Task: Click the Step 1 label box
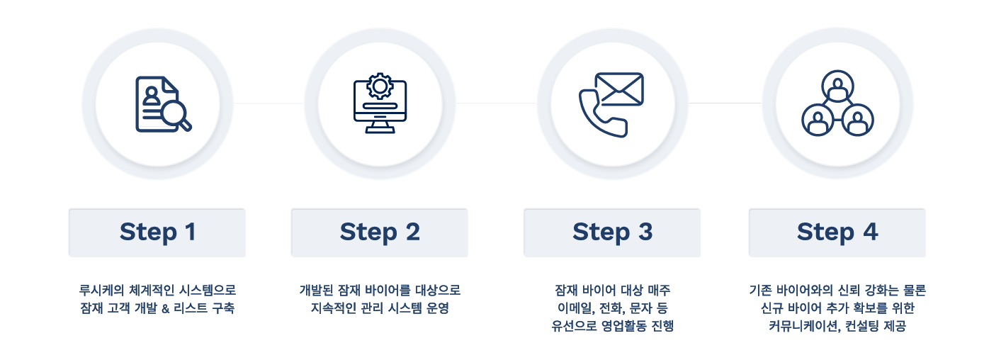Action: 157,232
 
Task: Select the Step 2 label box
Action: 379,232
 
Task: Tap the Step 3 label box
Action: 612,232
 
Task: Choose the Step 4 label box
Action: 837,232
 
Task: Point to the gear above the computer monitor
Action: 380,86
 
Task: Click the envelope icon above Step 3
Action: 619,89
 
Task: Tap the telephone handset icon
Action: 603,113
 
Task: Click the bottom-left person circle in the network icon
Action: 818,120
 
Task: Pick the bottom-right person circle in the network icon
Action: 857,120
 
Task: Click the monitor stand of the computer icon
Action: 380,127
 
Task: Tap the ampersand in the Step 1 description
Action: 166,309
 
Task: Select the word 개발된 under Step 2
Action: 316,291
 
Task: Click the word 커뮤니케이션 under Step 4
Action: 803,326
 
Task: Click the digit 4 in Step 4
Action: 870,232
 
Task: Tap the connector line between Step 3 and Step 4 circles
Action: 725,103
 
